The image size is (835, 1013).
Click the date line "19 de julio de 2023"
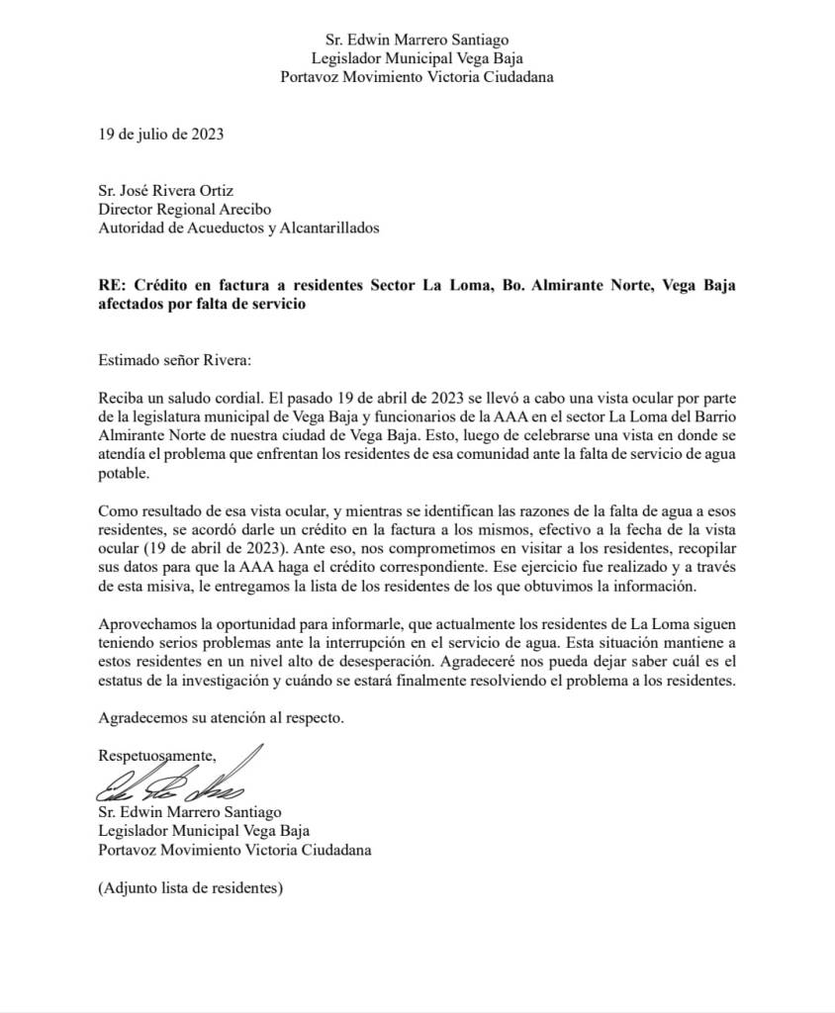(160, 135)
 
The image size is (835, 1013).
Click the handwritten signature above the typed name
(178, 782)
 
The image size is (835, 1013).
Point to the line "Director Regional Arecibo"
(184, 210)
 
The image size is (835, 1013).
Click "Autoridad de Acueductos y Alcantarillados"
(238, 229)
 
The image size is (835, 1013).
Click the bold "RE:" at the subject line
(113, 286)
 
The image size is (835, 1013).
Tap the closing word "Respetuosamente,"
(157, 756)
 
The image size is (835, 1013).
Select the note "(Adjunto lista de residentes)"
(191, 887)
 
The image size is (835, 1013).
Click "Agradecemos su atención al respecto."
(222, 717)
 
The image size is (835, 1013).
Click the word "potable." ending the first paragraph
(124, 474)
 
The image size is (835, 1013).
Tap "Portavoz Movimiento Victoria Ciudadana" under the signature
(235, 850)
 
